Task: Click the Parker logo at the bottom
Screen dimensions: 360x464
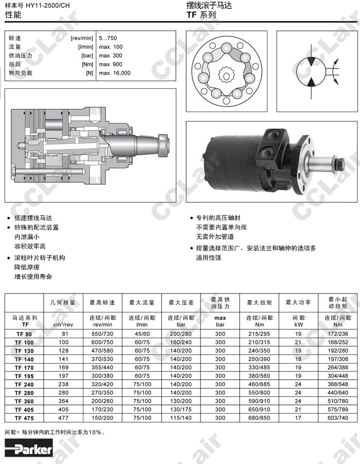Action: click(x=29, y=449)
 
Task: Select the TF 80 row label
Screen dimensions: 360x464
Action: click(x=24, y=334)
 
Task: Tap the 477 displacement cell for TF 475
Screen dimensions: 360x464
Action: click(x=63, y=418)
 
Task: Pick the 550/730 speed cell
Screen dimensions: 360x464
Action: click(x=102, y=334)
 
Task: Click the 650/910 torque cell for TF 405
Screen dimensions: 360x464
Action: click(x=259, y=410)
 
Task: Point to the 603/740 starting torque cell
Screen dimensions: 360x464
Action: click(x=338, y=418)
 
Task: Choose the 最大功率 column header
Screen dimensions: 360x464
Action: click(x=298, y=303)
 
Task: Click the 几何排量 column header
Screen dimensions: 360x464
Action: click(x=63, y=303)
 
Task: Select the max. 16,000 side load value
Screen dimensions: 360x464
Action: click(x=115, y=73)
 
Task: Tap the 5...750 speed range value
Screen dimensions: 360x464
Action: click(x=108, y=38)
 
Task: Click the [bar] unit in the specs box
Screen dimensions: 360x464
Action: click(x=87, y=55)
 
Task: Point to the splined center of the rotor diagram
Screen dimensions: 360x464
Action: click(x=226, y=76)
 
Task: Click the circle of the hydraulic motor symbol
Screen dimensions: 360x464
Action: click(x=311, y=71)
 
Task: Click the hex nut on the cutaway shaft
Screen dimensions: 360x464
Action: click(x=163, y=145)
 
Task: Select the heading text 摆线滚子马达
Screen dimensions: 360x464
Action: click(x=209, y=5)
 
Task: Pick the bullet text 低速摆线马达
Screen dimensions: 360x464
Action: click(x=33, y=218)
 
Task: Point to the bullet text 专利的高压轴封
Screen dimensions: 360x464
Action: click(x=218, y=218)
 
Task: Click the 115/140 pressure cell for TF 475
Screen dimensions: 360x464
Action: click(x=181, y=418)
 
